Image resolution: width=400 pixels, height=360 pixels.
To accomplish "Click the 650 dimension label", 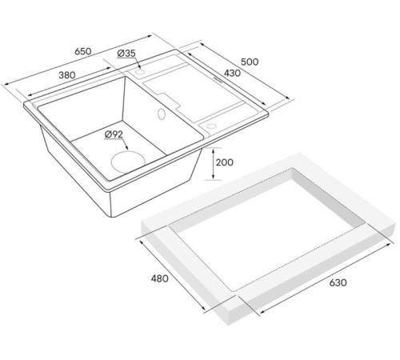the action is click(82, 51).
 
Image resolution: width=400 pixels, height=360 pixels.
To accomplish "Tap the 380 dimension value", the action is click(67, 75).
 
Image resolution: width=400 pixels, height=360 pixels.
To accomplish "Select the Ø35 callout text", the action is click(126, 54).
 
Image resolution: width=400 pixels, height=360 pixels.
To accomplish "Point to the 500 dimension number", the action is click(250, 62).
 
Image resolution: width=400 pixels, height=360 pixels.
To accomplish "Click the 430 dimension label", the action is click(232, 73).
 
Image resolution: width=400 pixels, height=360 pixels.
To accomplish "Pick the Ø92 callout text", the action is click(114, 134).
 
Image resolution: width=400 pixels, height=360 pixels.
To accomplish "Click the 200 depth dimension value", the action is click(224, 162).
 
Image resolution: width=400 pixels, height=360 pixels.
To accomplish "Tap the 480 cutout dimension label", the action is click(159, 278).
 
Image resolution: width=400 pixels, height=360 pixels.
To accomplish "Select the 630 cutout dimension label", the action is click(338, 282).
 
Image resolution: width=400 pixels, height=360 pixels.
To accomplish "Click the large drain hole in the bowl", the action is click(128, 162).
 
